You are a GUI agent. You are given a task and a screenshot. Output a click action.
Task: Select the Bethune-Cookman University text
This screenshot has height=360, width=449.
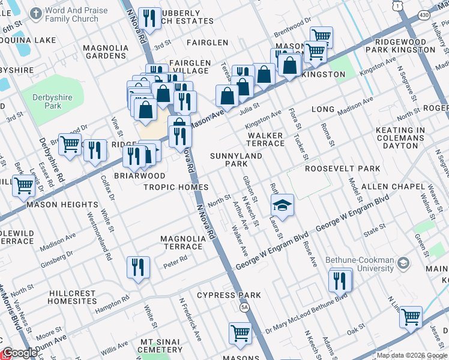click(x=359, y=265)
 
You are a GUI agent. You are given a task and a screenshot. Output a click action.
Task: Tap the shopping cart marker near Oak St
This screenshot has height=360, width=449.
click(x=411, y=317)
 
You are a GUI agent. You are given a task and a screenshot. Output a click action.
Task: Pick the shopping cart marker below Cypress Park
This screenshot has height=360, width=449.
click(x=240, y=333)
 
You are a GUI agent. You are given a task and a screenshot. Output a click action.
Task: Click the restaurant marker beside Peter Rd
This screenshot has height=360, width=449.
click(x=138, y=267)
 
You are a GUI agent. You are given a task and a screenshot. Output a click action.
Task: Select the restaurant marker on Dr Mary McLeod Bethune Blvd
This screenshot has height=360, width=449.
click(x=340, y=280)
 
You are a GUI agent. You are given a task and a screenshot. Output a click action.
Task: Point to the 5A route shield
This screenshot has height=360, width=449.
click(x=244, y=307)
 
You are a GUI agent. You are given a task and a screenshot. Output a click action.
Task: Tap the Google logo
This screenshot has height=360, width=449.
click(x=20, y=353)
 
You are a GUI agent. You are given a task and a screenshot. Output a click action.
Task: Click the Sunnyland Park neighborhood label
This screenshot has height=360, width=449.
click(x=228, y=160)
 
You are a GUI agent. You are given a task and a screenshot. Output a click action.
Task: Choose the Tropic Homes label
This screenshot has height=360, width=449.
click(x=176, y=187)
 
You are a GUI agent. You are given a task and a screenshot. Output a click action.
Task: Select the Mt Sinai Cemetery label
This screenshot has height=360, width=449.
click(x=161, y=346)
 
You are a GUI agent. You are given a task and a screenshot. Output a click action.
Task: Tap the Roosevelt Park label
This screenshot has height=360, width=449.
click(x=343, y=169)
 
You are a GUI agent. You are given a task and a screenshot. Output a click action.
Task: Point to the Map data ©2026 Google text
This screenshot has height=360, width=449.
click(x=412, y=355)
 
